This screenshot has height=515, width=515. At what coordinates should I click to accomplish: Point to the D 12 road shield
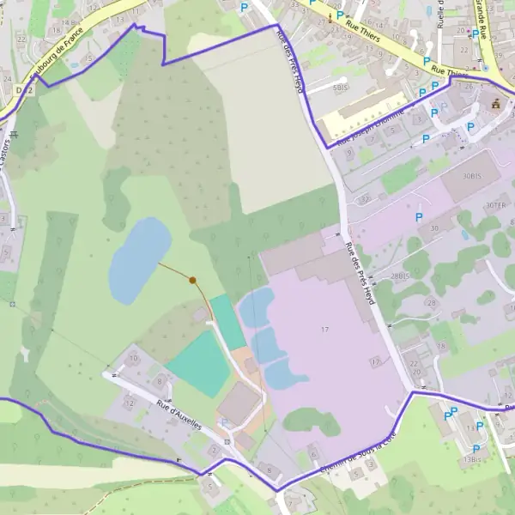coord(23,89)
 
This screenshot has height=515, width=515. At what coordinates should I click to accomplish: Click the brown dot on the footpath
coord(193,280)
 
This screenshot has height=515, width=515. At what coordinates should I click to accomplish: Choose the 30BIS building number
coord(472,176)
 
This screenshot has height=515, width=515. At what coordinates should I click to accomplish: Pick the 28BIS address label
coord(401,276)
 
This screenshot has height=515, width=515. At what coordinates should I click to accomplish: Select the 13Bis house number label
coord(472,460)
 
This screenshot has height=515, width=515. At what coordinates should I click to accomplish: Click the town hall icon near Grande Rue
coord(494,104)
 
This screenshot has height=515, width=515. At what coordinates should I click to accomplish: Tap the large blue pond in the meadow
coord(138,258)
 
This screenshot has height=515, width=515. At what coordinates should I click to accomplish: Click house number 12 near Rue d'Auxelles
coord(130,401)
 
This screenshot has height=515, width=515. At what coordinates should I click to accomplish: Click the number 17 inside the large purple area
coord(324,330)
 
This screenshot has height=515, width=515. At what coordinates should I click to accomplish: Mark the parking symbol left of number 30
coord(419,217)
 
